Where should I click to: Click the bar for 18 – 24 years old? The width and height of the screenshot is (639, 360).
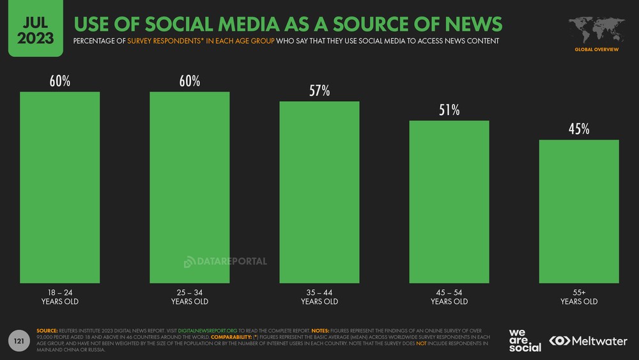(60, 187)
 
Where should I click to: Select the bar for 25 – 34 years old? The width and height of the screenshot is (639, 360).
(190, 187)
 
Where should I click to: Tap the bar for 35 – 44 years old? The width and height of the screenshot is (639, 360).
(319, 192)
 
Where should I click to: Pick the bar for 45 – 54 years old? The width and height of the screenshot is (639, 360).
(449, 201)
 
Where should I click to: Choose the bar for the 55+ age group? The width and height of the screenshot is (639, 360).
(579, 211)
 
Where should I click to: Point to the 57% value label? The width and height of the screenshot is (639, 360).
(319, 91)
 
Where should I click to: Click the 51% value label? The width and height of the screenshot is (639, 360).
(449, 110)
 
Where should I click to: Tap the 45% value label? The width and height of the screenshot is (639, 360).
(579, 129)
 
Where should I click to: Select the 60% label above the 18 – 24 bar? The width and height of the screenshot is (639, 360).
(60, 81)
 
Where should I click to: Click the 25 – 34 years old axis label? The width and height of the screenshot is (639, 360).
(190, 297)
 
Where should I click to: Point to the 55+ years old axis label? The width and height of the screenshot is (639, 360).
(579, 297)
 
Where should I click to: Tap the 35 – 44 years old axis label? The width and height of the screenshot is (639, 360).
(319, 297)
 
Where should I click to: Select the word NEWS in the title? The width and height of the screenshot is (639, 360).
(465, 24)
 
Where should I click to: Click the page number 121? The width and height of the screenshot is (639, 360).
(20, 343)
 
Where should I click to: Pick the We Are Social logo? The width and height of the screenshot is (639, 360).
(525, 340)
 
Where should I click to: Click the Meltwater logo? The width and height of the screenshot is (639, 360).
(589, 341)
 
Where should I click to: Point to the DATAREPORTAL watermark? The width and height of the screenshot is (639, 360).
(226, 262)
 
